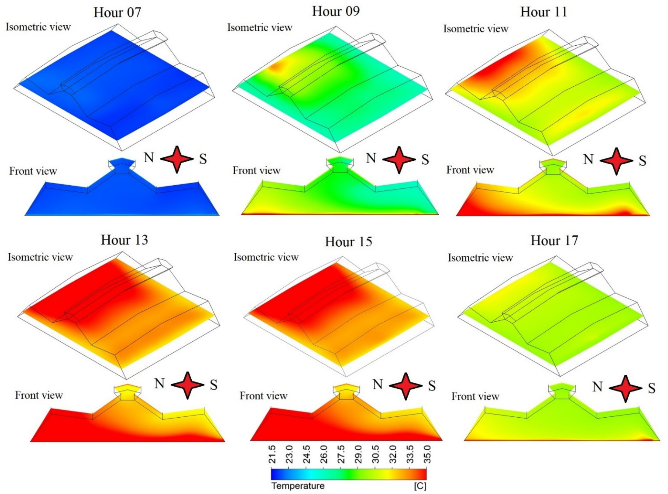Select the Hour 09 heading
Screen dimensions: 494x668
[336, 12]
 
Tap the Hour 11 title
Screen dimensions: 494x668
[543, 12]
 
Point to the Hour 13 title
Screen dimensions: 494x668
[124, 240]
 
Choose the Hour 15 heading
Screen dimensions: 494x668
[348, 242]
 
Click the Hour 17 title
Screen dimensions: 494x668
[554, 240]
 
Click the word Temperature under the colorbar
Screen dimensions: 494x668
[298, 486]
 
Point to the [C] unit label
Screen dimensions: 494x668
[420, 486]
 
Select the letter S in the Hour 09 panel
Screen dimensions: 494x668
[425, 160]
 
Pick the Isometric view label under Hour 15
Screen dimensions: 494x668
[266, 257]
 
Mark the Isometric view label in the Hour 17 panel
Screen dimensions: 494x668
[480, 258]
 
